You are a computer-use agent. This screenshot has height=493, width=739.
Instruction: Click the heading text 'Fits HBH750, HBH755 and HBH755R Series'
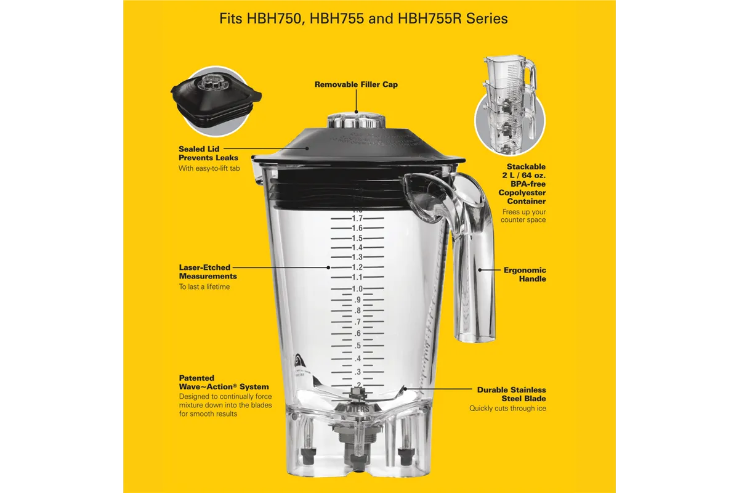coord(363,18)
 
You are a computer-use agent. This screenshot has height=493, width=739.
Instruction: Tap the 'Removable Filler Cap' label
coord(356,84)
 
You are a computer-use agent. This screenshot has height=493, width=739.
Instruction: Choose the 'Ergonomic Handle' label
coord(525,274)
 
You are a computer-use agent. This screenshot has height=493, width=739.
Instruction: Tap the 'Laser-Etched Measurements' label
coord(204,272)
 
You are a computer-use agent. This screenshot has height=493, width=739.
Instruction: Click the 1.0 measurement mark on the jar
coord(357,288)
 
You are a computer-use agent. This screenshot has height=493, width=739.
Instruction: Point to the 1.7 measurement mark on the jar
coord(357,218)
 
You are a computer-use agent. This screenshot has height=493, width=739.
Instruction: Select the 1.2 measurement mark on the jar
coord(357,267)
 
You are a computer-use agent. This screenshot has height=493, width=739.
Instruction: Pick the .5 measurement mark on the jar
coord(357,346)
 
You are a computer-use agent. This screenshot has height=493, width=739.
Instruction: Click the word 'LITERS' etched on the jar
coord(357,408)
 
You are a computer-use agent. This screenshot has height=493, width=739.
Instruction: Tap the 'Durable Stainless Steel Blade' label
coord(511,394)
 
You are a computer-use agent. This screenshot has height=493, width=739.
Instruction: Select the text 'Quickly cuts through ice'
coord(507,409)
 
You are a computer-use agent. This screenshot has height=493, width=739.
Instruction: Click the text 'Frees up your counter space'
coord(523,216)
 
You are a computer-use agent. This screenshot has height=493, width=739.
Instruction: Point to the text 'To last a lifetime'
coord(204,287)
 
